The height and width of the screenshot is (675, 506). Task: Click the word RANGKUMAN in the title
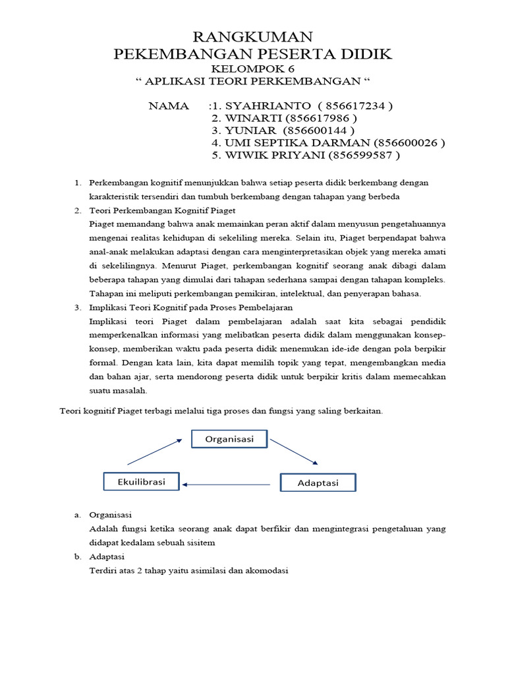click(252, 36)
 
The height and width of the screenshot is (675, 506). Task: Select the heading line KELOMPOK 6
click(252, 69)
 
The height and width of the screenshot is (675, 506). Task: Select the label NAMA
click(169, 105)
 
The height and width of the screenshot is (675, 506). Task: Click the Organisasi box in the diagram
click(229, 439)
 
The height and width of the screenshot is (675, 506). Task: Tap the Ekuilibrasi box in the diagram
click(142, 482)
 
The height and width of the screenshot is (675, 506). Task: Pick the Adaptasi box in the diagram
click(318, 483)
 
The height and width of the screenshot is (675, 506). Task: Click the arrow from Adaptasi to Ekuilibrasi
click(227, 484)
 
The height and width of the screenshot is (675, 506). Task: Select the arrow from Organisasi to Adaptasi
click(294, 452)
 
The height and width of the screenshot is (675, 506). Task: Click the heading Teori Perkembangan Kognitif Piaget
click(162, 210)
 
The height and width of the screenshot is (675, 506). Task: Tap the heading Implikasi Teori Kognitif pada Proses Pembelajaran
click(191, 307)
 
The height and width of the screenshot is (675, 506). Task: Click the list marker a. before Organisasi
click(77, 515)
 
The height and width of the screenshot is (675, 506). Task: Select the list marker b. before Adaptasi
click(77, 556)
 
